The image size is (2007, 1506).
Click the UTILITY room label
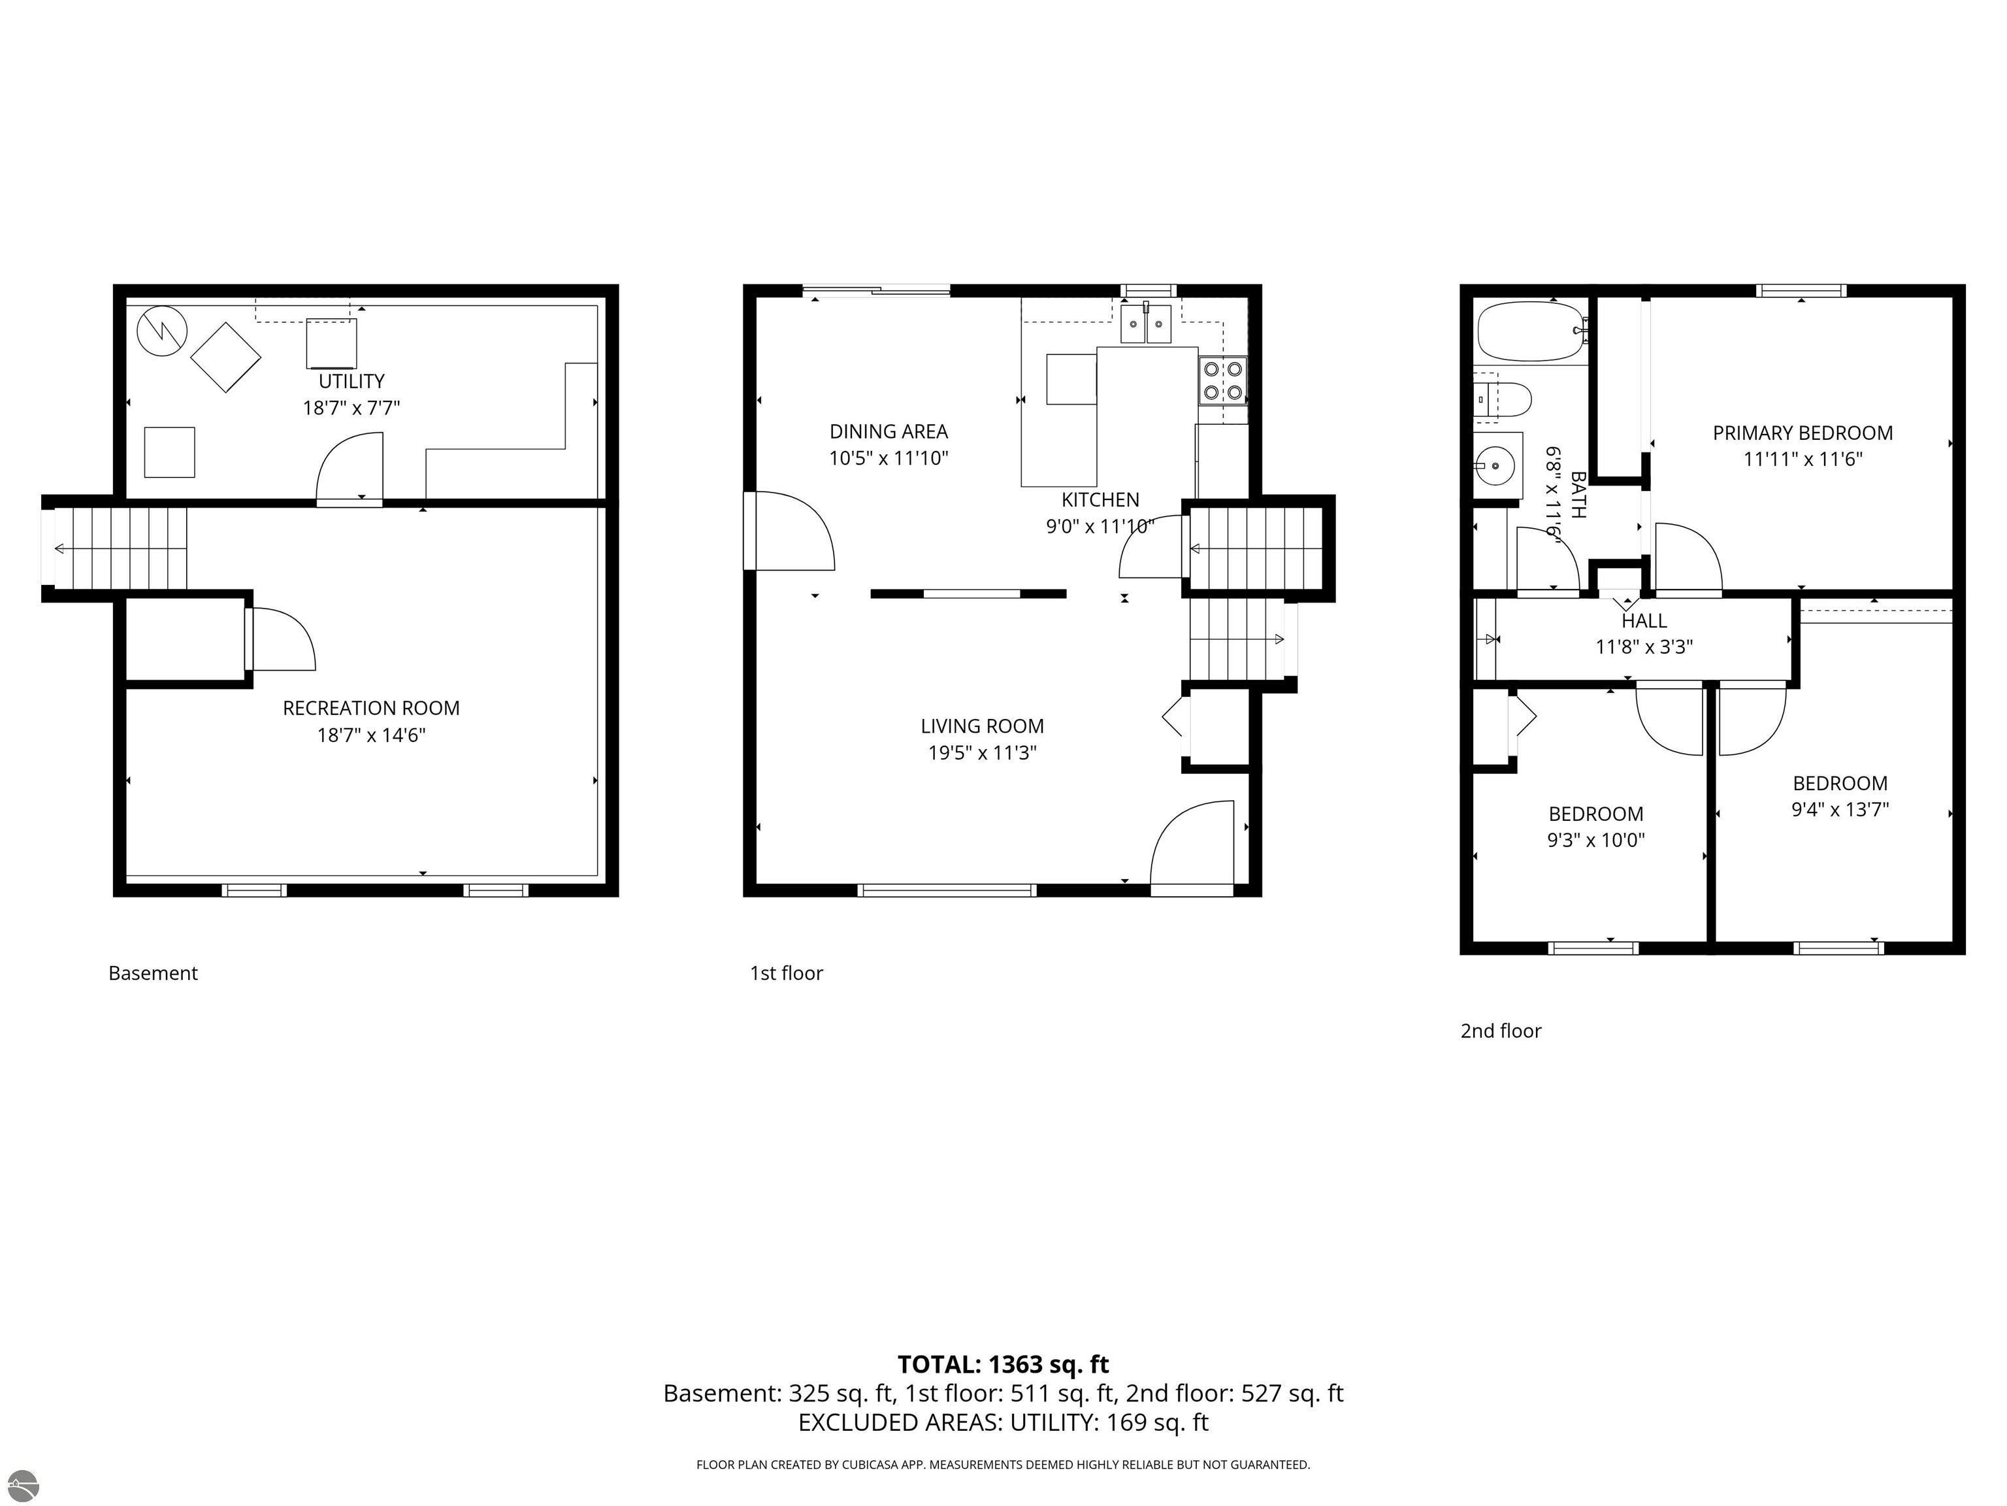click(351, 381)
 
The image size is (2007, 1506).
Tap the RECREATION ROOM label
click(371, 708)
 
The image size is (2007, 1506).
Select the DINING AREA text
click(889, 431)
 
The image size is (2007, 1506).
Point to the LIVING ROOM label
click(982, 726)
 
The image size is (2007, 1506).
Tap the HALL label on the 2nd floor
click(1644, 621)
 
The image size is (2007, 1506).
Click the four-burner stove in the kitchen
click(1222, 381)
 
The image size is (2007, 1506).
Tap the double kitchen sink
click(1146, 324)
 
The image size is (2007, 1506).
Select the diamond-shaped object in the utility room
click(226, 358)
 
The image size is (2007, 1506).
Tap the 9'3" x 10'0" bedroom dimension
click(1596, 841)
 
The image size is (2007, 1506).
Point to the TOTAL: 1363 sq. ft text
click(1003, 1364)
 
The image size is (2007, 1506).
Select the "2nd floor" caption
click(1501, 1031)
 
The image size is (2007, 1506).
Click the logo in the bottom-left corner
click(24, 1485)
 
